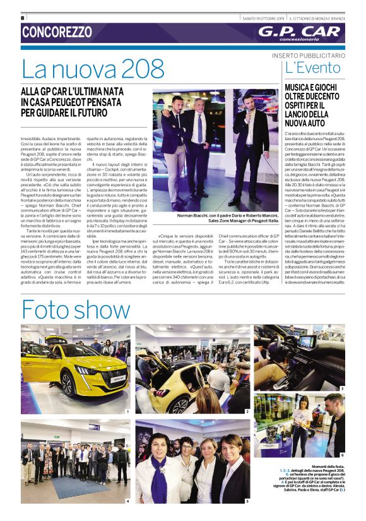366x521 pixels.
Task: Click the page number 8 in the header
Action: (x=23, y=18)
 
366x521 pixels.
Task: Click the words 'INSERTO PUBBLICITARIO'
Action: (x=309, y=56)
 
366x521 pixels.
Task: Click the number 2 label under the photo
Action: (x=247, y=411)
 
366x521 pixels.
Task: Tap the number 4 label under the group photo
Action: (x=127, y=501)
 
